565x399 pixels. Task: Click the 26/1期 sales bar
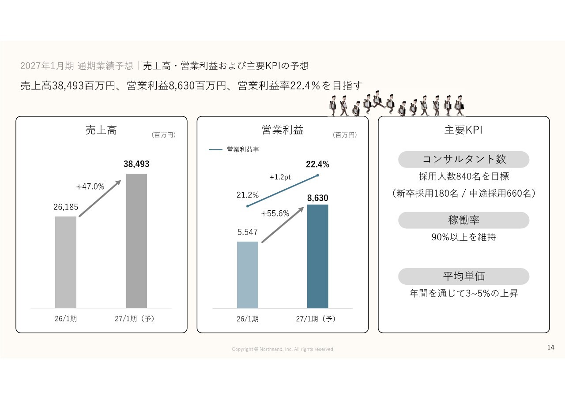[66, 262]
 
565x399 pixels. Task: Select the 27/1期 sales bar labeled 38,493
[136, 240]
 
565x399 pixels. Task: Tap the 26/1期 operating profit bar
[247, 275]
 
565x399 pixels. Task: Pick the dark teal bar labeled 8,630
[318, 256]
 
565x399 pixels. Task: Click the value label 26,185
[66, 207]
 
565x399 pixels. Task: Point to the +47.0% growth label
[90, 186]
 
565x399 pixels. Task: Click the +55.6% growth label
[275, 213]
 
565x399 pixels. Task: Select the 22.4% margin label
[318, 164]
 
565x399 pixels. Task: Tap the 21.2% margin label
[248, 195]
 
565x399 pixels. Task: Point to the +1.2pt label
[280, 177]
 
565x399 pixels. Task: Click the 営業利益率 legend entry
[234, 150]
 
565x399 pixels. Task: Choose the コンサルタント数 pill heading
[463, 159]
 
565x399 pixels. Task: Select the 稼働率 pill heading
[463, 220]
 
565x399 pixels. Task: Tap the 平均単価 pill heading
[463, 276]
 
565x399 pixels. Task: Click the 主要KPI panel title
[463, 131]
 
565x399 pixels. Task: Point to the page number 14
[550, 347]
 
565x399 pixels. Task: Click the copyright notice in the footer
[282, 349]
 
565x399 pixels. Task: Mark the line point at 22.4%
[318, 175]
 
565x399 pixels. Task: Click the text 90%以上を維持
[463, 237]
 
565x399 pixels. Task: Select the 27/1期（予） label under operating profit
[316, 319]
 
